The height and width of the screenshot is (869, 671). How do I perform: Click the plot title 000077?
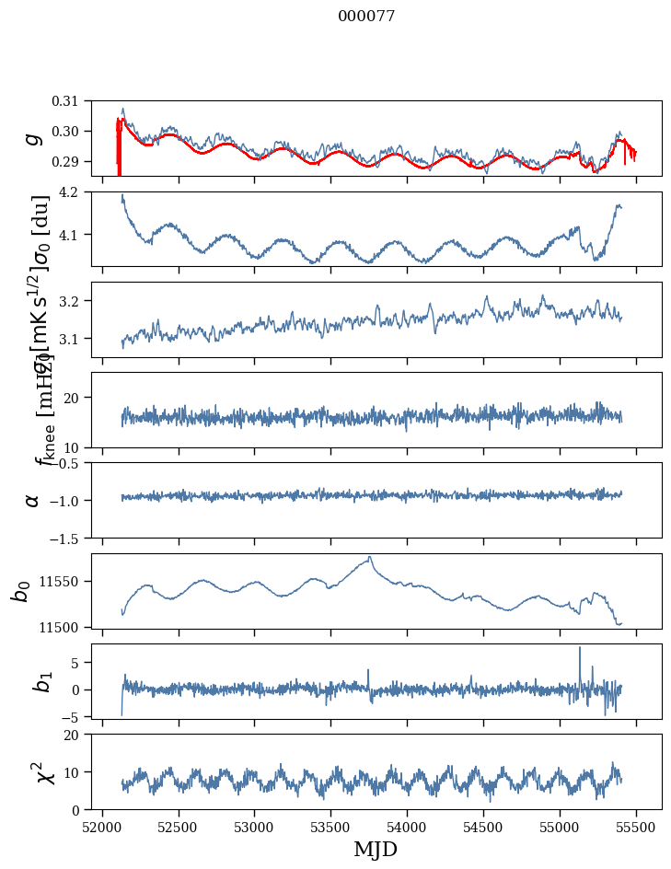click(x=366, y=17)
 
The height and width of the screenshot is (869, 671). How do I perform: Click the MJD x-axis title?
click(x=376, y=850)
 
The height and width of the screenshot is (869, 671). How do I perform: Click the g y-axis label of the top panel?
click(x=33, y=138)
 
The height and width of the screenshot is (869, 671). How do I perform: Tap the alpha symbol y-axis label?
click(x=33, y=500)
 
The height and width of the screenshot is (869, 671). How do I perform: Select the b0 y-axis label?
click(x=20, y=591)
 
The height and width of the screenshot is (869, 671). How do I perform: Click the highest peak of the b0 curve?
click(x=370, y=557)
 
